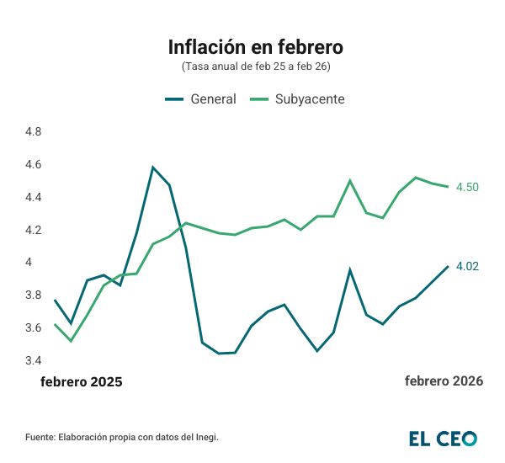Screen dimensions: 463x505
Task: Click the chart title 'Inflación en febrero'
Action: click(x=255, y=45)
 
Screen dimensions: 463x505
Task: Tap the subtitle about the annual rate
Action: click(x=255, y=66)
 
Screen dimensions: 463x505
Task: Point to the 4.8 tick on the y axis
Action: click(x=34, y=132)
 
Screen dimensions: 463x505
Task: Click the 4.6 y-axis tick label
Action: click(x=34, y=165)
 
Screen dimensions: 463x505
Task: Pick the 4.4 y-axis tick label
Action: click(x=34, y=198)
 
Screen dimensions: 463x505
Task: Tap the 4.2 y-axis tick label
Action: click(x=34, y=230)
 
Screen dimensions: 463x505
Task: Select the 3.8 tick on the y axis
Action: click(x=34, y=295)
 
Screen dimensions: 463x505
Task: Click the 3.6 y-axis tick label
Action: click(x=34, y=328)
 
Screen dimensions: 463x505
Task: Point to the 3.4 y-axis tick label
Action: click(x=34, y=360)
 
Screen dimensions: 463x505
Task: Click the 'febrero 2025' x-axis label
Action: click(x=82, y=381)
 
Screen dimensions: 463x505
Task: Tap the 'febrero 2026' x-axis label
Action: click(x=444, y=381)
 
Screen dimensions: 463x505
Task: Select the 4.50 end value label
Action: click(x=467, y=187)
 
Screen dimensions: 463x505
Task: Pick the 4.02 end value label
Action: click(x=467, y=267)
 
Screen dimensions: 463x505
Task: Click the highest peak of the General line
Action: click(x=153, y=167)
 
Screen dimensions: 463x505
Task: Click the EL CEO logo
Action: click(x=443, y=438)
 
